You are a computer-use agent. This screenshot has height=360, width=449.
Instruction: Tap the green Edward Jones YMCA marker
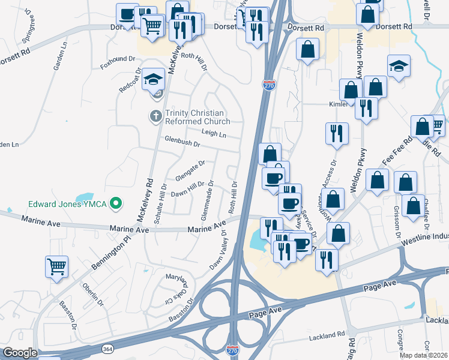coord(117,204)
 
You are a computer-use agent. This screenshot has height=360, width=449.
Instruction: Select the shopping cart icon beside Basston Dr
coord(56,266)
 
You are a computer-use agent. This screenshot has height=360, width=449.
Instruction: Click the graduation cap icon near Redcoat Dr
coord(153,80)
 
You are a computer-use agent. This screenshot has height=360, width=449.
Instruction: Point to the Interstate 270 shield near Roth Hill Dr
coord(269,86)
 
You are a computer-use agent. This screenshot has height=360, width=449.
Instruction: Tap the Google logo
coord(20,353)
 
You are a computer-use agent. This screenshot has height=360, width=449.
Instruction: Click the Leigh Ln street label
coord(214,135)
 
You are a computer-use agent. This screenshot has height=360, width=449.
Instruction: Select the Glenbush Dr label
coord(182,143)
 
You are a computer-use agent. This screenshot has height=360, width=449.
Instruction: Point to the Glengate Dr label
coord(190,169)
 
